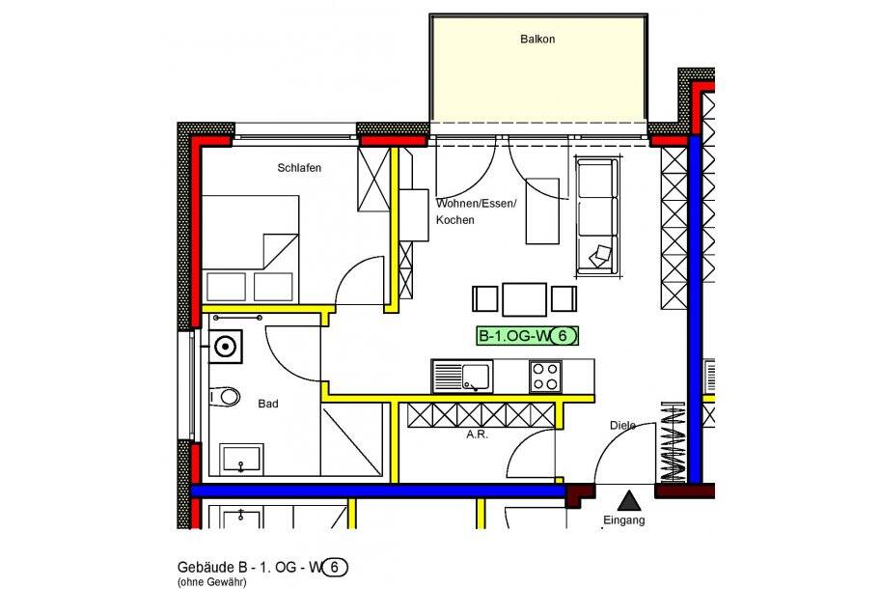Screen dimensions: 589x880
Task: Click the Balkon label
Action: click(537, 40)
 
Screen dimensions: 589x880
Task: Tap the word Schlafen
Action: click(299, 168)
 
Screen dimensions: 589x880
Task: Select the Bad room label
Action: click(267, 404)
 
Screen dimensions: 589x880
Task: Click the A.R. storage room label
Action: click(477, 435)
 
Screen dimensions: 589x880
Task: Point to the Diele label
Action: click(623, 425)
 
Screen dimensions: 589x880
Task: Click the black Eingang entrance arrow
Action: click(629, 500)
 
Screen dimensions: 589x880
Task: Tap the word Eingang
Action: click(623, 520)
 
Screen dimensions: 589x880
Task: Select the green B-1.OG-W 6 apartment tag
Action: click(529, 336)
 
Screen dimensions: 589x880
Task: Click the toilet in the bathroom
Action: click(225, 396)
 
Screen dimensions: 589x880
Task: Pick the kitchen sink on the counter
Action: click(462, 376)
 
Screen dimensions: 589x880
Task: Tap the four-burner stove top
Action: click(545, 376)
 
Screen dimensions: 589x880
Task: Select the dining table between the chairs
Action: click(524, 298)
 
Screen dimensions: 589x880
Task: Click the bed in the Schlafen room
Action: click(251, 249)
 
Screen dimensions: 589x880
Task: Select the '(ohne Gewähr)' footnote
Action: click(211, 582)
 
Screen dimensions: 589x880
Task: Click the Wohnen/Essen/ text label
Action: click(477, 204)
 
